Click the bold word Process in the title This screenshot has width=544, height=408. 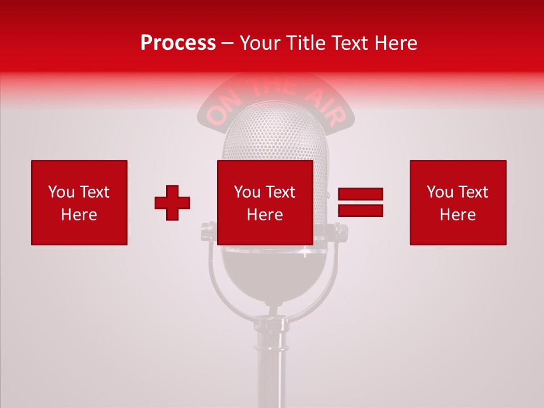point(178,42)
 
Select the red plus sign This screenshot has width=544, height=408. point(172,203)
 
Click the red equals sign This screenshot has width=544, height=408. point(360,202)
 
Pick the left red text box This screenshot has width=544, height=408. point(79,202)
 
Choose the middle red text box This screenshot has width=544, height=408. point(265,202)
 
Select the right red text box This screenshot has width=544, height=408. point(458,202)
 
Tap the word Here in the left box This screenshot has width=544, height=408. point(79,215)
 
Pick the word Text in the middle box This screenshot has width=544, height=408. point(281,192)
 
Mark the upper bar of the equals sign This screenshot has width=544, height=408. point(360,194)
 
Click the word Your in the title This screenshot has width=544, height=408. point(260,42)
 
